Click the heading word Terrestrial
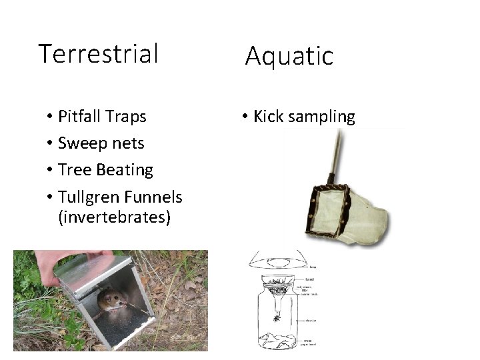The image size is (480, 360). point(98,53)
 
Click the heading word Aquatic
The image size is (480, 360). point(289,56)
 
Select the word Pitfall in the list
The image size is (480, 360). point(79,117)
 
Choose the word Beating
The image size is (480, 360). point(125,170)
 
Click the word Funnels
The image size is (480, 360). point(155,197)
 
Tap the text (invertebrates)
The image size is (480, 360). point(115,217)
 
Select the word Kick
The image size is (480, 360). point(268,117)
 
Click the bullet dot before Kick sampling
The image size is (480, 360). point(245,117)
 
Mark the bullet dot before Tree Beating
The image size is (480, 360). point(50,171)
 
